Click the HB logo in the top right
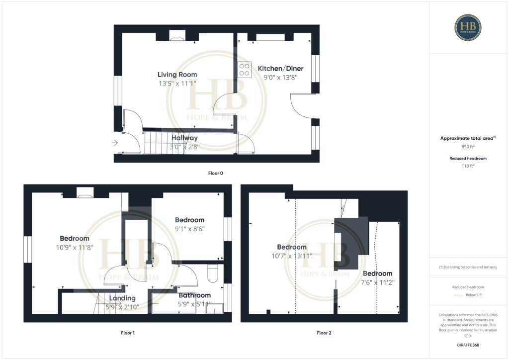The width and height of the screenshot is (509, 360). click(x=467, y=27)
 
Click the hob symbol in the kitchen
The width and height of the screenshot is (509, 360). click(x=244, y=70)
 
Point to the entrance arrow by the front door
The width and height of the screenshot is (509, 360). click(x=115, y=143)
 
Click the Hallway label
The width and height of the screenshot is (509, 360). click(x=185, y=138)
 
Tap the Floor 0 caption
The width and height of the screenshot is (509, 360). click(x=216, y=173)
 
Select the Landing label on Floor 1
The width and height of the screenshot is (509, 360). click(x=122, y=298)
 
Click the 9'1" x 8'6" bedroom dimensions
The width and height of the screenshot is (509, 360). click(x=189, y=229)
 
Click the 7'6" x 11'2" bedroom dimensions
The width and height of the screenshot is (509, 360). click(x=378, y=282)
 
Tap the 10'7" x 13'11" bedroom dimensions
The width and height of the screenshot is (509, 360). click(x=292, y=256)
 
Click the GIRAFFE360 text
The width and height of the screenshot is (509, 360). click(x=468, y=345)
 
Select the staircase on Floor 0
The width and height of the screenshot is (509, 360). click(x=158, y=142)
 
